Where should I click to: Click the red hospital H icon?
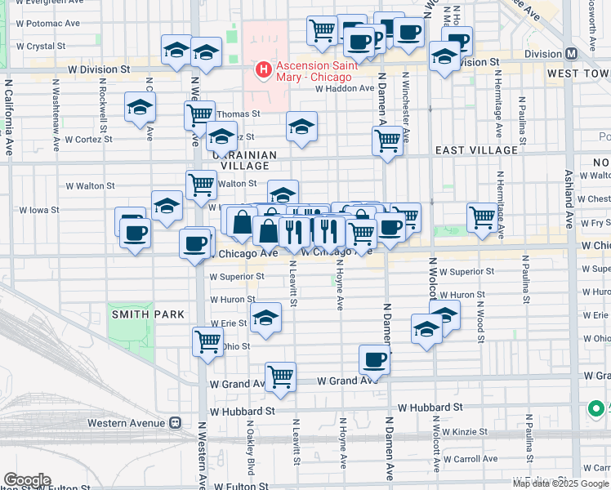[264, 71]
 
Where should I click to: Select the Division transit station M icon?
[571, 54]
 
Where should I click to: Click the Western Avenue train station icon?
[174, 423]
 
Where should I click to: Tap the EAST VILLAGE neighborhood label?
[476, 150]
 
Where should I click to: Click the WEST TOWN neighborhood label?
[578, 73]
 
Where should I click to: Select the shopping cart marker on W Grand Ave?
[280, 376]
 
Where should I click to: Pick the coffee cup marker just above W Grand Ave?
[375, 359]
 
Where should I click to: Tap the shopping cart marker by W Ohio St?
[207, 341]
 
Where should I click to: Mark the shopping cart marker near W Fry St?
[483, 218]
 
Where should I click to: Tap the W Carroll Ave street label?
[474, 459]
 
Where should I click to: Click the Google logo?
[26, 480]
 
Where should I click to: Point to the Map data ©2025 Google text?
[560, 483]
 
